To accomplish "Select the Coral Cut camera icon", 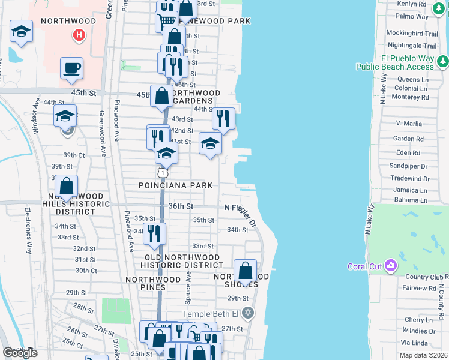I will tap(390, 265).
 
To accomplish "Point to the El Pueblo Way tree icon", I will tap(442, 61).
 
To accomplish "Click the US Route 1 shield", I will tap(162, 173).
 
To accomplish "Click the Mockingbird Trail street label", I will tap(411, 34).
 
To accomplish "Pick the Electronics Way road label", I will tap(28, 230).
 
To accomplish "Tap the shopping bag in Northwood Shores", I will tap(245, 271).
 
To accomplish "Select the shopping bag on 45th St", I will tap(162, 95).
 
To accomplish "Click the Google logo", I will tap(20, 353).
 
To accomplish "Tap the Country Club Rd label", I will tap(424, 277).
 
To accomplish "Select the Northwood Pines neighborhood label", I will tap(154, 283).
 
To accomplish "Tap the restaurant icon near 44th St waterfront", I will tap(223, 119).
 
